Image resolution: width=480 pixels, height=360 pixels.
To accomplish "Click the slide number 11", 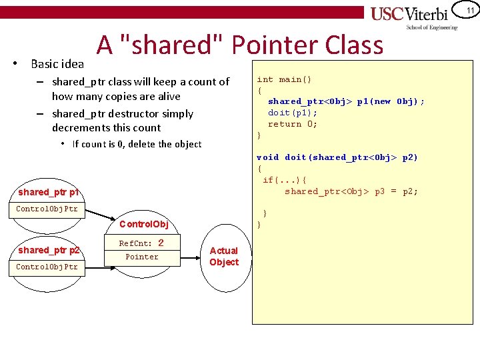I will tap(469, 11).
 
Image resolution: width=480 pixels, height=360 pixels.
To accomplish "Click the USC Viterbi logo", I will tap(413, 17).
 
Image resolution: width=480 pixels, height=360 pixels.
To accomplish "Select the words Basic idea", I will tap(57, 64).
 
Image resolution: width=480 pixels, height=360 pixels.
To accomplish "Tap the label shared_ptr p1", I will tap(49, 192).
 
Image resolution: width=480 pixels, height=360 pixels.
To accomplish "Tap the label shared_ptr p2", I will tap(49, 250).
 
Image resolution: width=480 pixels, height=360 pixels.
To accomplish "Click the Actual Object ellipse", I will tap(224, 257).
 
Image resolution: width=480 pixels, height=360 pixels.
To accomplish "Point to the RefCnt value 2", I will tap(161, 243).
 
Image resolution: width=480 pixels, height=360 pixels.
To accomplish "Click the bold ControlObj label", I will tap(143, 224).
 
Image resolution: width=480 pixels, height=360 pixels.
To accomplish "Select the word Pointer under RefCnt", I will tap(142, 257).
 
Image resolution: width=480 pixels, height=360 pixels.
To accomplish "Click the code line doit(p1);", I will tap(293, 113).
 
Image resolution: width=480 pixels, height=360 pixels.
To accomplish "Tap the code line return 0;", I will tap(293, 124).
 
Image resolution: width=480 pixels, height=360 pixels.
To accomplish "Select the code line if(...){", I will tap(285, 180).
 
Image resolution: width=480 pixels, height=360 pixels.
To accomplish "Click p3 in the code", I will tap(379, 191).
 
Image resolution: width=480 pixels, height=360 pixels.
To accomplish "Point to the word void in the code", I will tap(268, 157).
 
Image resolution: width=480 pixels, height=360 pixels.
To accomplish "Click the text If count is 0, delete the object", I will tap(137, 144).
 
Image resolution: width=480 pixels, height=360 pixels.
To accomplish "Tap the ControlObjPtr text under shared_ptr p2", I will tap(47, 267).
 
